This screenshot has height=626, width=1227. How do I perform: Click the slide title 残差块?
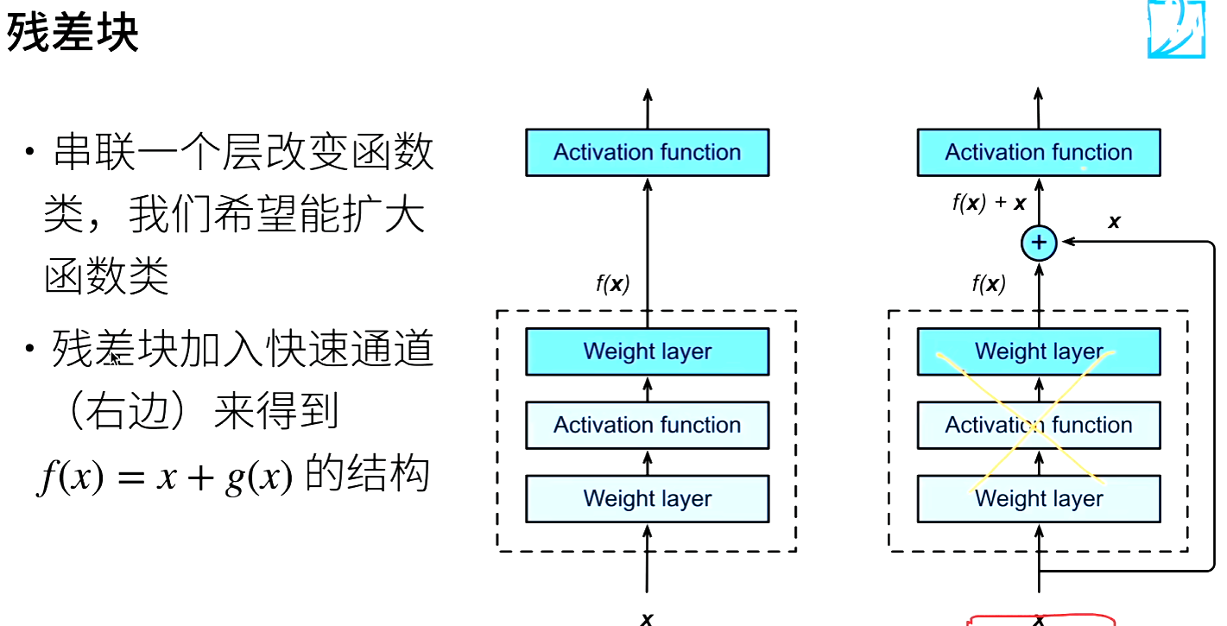[x=73, y=34]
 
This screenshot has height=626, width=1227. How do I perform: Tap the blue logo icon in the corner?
[x=1175, y=28]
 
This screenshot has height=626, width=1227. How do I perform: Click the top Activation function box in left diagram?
[x=647, y=153]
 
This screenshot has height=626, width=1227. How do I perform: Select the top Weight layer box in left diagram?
[x=647, y=351]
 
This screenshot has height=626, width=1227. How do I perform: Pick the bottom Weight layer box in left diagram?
[x=647, y=498]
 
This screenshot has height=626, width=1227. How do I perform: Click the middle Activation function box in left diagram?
[x=647, y=425]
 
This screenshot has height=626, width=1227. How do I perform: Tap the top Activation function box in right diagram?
[x=1039, y=153]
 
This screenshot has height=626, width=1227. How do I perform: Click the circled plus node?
[x=1039, y=243]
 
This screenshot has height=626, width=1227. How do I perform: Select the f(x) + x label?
[x=990, y=204]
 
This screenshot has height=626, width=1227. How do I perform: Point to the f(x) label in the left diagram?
[x=612, y=284]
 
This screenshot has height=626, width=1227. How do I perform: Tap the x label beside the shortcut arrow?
[x=1114, y=221]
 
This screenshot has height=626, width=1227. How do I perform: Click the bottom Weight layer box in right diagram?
[x=1039, y=498]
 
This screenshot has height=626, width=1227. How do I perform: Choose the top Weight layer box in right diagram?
[x=1039, y=351]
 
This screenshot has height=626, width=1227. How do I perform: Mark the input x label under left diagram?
[x=647, y=618]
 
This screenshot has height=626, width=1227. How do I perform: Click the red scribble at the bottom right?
[x=1043, y=619]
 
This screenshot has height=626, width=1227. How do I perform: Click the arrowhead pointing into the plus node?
[x=1064, y=243]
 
